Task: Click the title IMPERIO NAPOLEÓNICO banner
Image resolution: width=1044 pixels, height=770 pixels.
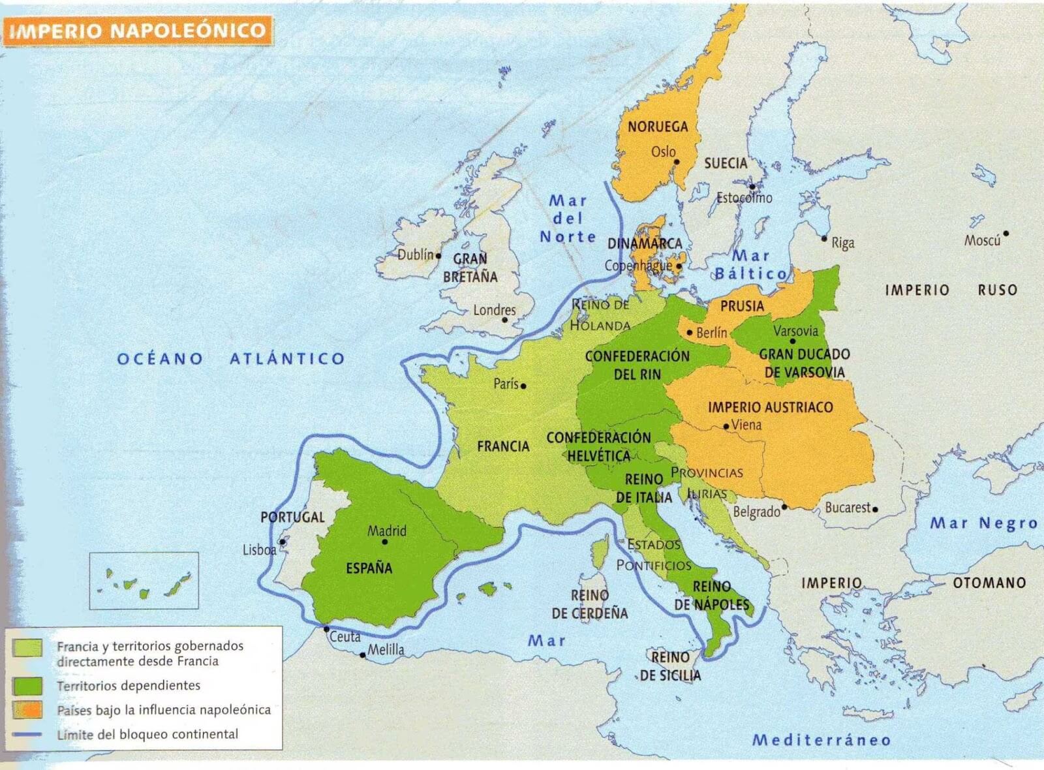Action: click(x=138, y=31)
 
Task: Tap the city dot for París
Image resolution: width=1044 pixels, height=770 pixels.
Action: click(x=523, y=386)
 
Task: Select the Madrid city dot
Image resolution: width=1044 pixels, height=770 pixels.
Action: click(x=385, y=542)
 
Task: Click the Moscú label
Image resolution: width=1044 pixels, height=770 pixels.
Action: click(x=982, y=241)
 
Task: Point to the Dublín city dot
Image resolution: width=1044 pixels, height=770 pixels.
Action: click(x=438, y=256)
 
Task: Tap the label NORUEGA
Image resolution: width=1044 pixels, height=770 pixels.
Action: click(x=658, y=127)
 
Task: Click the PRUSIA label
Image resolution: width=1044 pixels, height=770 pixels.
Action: click(x=742, y=305)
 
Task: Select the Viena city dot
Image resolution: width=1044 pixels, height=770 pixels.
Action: click(x=726, y=427)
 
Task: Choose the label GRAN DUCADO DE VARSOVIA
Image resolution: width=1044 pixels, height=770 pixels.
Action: click(x=805, y=363)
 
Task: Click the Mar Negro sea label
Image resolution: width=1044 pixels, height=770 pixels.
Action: click(x=983, y=523)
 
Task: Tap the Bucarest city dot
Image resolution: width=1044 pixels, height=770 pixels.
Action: click(x=875, y=510)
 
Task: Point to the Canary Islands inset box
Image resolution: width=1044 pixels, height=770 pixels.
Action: click(x=144, y=580)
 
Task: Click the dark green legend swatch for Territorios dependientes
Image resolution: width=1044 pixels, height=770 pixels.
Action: click(x=27, y=686)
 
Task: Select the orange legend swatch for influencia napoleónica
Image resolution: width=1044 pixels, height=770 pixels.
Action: click(x=27, y=710)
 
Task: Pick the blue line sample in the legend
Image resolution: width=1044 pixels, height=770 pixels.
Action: click(x=27, y=735)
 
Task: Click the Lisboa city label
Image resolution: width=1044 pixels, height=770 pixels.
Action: click(x=259, y=550)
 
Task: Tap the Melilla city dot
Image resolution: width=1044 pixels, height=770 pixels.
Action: click(x=363, y=655)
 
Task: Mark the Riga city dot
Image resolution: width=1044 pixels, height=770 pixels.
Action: click(x=824, y=239)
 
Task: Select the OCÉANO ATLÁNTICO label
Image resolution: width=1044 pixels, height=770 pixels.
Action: click(x=231, y=358)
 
